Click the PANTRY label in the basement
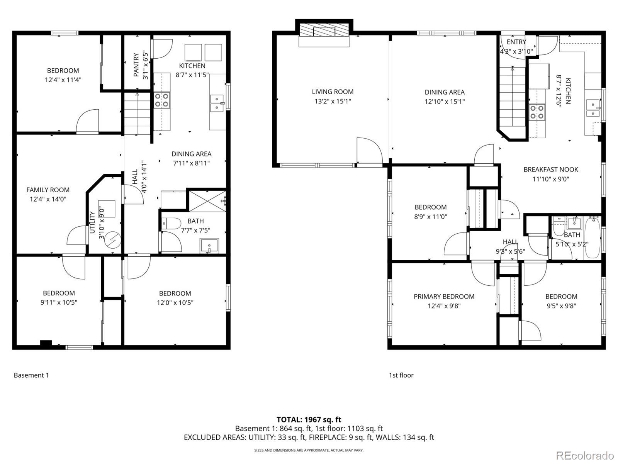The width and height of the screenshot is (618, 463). (x=136, y=65)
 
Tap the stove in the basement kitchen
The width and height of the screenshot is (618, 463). (x=162, y=100)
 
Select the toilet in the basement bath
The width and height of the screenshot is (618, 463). (x=172, y=223)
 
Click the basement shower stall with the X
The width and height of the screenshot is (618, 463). (x=207, y=201)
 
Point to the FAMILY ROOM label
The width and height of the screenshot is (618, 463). (x=48, y=190)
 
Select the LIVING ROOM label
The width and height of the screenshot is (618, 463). (x=333, y=92)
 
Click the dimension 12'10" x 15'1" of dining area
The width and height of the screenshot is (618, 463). (x=445, y=101)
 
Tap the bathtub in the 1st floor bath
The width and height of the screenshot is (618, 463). (x=593, y=238)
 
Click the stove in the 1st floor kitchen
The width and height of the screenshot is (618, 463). (x=537, y=112)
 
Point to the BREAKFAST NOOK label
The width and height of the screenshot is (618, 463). (x=551, y=170)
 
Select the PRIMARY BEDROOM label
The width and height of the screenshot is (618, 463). (x=444, y=297)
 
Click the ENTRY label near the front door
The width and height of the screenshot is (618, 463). (x=516, y=42)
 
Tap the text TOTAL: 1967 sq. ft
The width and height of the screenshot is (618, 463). (x=309, y=420)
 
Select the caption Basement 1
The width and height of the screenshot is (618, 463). (x=31, y=375)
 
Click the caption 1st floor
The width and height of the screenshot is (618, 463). (x=401, y=375)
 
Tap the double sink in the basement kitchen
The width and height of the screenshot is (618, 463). (x=217, y=103)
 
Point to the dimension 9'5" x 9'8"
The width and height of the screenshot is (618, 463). (x=561, y=306)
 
